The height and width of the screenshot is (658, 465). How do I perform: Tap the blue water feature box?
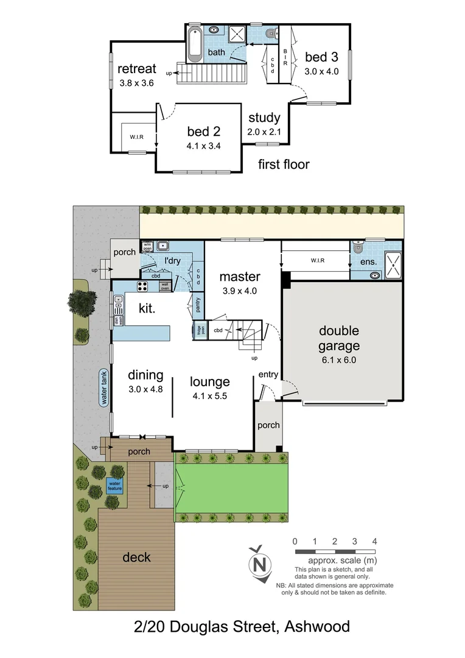[115, 486]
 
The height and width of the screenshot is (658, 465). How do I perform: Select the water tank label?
[104, 387]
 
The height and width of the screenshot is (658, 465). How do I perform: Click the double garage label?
[339, 338]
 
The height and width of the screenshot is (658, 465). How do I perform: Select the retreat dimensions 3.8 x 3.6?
[138, 82]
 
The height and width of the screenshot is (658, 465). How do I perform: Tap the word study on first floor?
[264, 118]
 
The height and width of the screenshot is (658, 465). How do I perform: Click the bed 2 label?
[203, 130]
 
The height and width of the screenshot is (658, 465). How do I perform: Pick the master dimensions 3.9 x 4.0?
[240, 291]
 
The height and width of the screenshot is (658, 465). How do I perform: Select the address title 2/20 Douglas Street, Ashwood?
[242, 626]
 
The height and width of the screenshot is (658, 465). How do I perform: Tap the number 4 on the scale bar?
[375, 541]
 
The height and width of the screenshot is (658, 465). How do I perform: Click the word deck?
[136, 557]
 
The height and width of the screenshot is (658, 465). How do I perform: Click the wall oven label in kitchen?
[164, 286]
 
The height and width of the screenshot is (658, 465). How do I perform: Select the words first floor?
[284, 164]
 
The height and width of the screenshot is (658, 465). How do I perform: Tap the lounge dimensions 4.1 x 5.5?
[210, 397]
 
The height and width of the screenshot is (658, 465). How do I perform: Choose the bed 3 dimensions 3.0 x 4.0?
[321, 71]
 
